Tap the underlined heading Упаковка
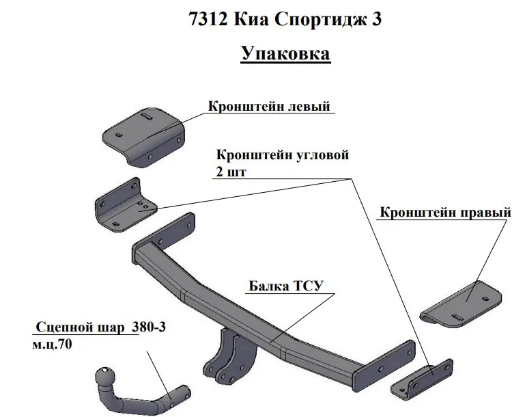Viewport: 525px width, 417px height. tap(285, 54)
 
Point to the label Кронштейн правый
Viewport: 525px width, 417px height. tap(444, 213)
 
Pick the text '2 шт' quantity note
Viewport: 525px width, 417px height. tap(230, 171)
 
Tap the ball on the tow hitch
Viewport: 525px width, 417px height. tap(107, 377)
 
